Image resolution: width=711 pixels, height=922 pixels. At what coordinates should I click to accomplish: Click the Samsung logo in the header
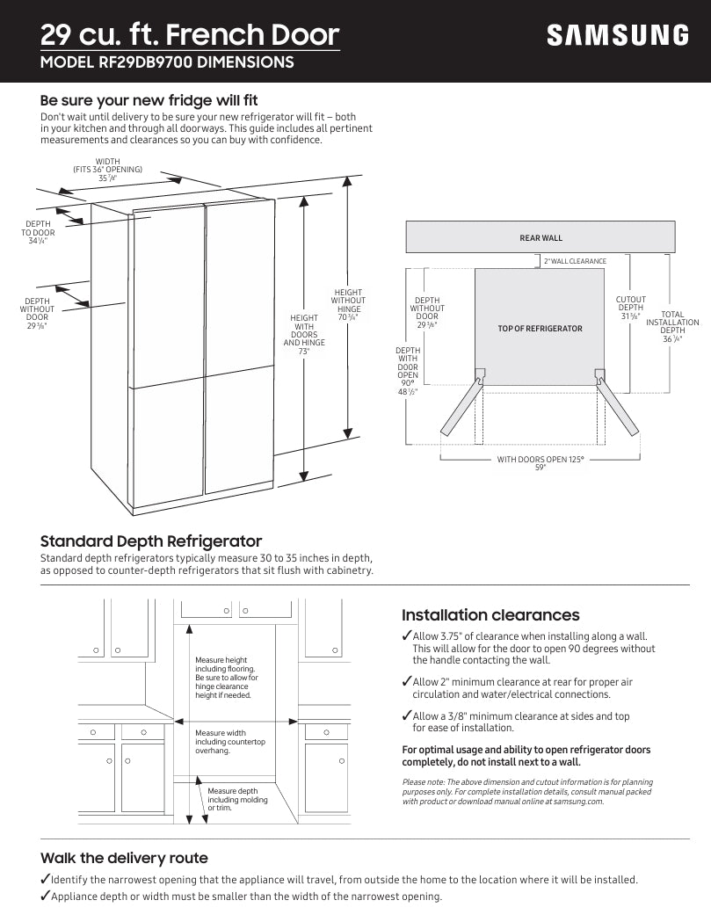[618, 35]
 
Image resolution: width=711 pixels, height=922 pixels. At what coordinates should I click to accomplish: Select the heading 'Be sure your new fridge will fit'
[149, 100]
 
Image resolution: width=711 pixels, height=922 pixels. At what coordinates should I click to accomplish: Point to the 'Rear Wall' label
[541, 238]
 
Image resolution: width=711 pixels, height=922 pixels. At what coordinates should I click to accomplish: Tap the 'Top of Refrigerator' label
[540, 329]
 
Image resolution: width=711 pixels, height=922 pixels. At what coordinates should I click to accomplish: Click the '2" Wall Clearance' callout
[575, 261]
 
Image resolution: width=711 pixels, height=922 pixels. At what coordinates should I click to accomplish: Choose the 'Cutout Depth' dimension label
[630, 308]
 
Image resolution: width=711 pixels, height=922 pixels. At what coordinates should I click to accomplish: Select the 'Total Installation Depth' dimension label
[672, 326]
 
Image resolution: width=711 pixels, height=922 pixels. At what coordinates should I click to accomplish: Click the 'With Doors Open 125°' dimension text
[541, 463]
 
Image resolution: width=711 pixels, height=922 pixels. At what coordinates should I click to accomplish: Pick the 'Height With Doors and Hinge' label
[304, 334]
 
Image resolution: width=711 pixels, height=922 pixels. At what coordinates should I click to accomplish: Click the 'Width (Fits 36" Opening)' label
[107, 170]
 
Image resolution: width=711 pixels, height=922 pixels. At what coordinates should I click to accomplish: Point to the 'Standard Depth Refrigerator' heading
[151, 541]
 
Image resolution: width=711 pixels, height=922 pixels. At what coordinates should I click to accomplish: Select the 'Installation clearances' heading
[490, 615]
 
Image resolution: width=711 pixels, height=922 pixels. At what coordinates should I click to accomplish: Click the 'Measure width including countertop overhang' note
[229, 742]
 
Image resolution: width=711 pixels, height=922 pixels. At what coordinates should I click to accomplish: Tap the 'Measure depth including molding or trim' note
[237, 799]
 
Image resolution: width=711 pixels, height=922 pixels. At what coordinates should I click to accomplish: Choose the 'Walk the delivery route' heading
[124, 858]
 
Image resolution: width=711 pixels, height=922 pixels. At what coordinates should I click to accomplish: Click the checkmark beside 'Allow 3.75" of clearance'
[406, 636]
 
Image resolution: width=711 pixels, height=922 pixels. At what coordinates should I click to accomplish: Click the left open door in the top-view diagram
[461, 407]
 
